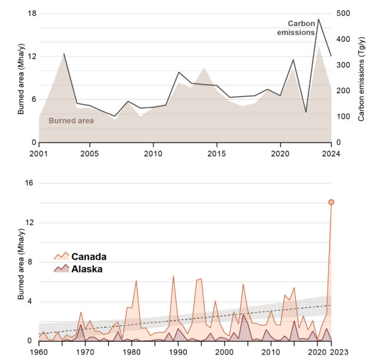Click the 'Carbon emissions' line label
(x=295, y=27)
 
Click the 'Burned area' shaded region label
(x=71, y=120)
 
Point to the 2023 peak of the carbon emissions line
(x=318, y=19)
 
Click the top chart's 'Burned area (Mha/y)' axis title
(x=21, y=78)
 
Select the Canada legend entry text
(x=88, y=256)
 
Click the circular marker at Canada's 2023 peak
(x=331, y=202)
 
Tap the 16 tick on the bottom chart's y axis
(x=28, y=183)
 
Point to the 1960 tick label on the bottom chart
(x=39, y=352)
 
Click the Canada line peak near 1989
(x=173, y=276)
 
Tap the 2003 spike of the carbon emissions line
(x=64, y=54)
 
